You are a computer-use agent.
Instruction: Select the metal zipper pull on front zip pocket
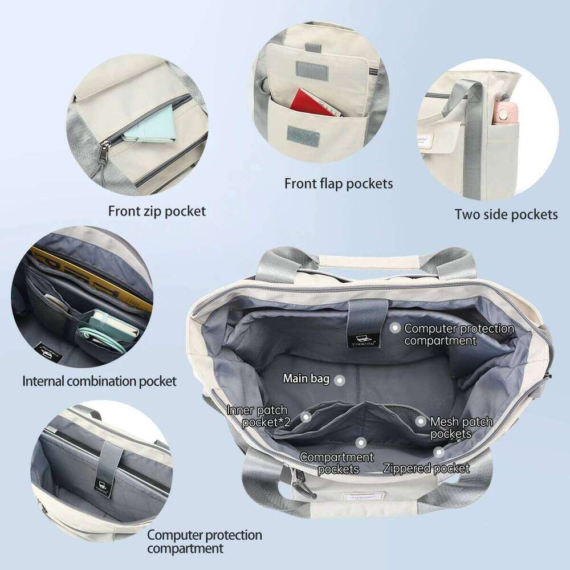click(107, 152)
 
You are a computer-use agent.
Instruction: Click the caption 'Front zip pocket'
click(157, 211)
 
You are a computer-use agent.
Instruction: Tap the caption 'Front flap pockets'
click(339, 184)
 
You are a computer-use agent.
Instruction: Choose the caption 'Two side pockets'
click(506, 214)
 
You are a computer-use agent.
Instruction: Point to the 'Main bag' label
click(306, 378)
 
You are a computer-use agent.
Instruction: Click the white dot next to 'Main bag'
click(340, 379)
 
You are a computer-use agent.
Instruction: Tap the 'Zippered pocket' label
click(426, 469)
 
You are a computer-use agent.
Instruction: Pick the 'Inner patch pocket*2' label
click(257, 416)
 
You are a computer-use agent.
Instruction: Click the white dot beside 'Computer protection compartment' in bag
click(394, 328)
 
